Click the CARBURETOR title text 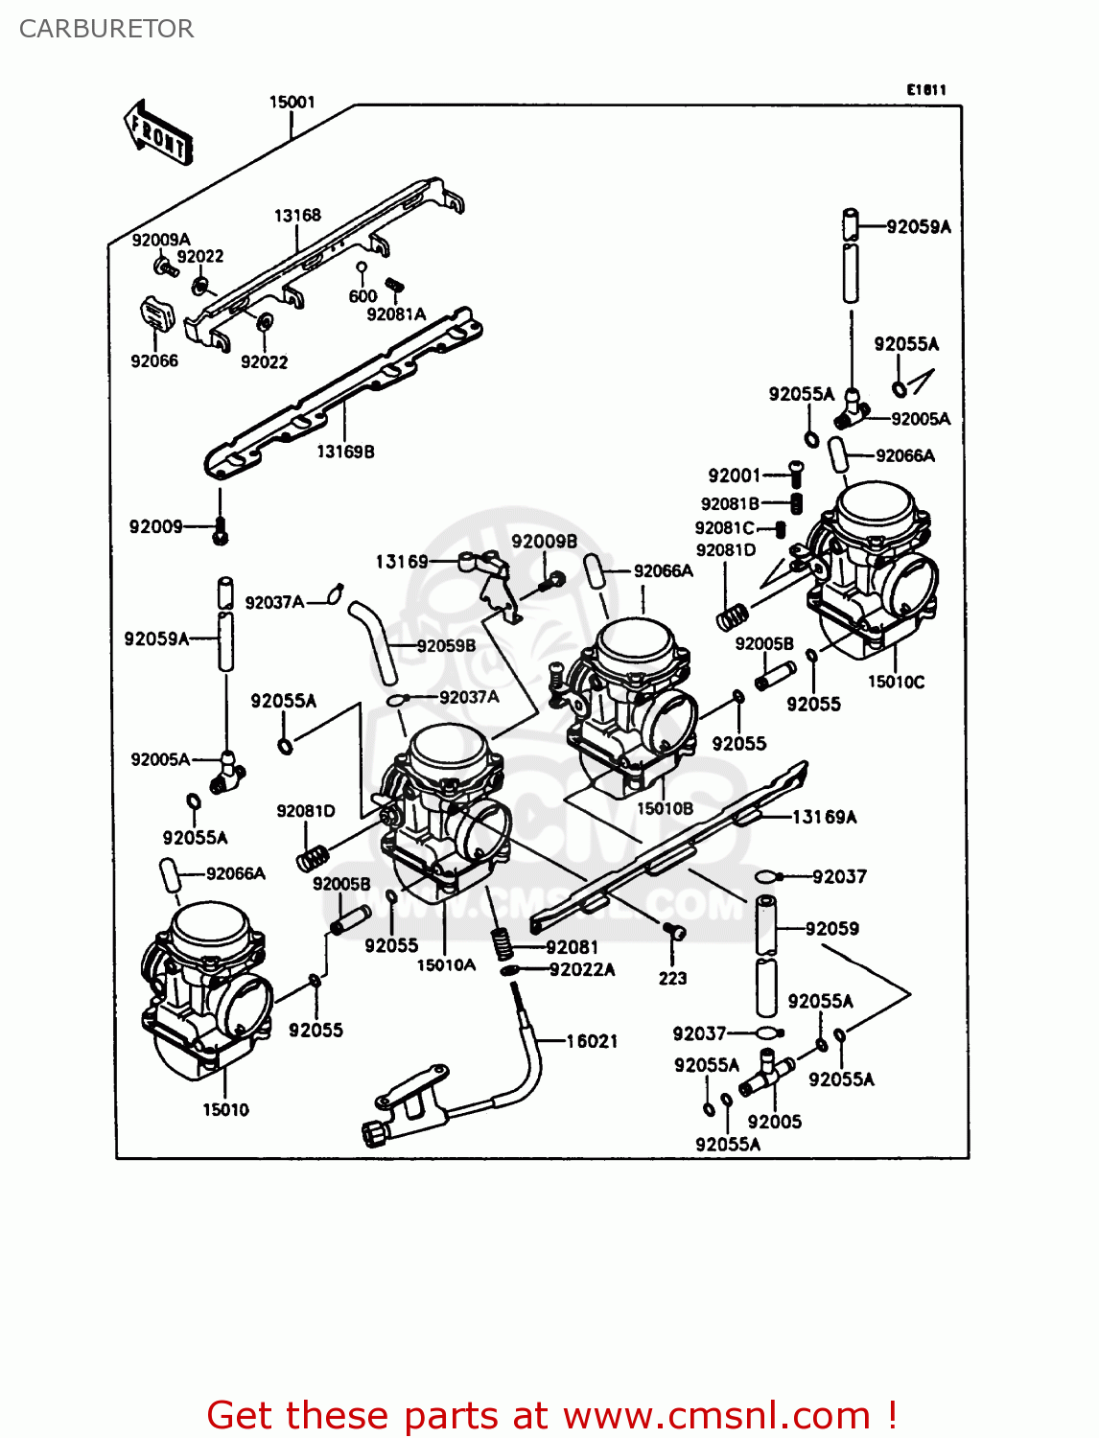106,29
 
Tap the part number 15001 292,102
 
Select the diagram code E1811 926,89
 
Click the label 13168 297,216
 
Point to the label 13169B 345,452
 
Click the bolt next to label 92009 221,530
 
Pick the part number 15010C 896,682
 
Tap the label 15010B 665,808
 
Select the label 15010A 446,964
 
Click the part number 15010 225,1109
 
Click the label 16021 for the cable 592,1041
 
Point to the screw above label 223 674,931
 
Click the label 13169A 824,817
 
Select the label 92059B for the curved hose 446,645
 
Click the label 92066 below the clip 154,361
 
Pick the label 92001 734,475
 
